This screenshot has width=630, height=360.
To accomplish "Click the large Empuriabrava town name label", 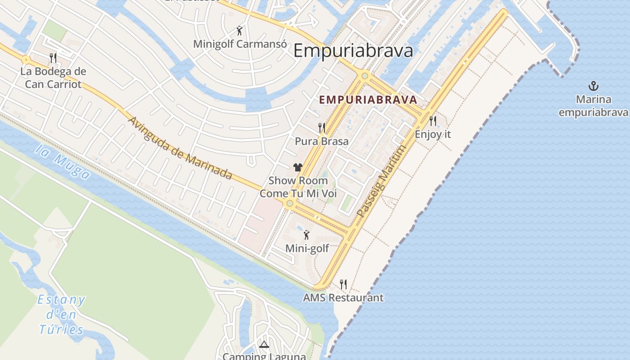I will [x=353, y=50].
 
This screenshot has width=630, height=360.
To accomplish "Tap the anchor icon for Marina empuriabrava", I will [x=594, y=85].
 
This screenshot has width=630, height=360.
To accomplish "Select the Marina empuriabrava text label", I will [x=593, y=106].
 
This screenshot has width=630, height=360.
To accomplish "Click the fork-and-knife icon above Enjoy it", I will [x=433, y=121].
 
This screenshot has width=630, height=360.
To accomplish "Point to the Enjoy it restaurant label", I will [x=432, y=134].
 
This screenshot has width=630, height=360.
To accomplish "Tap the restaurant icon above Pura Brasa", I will [x=322, y=128].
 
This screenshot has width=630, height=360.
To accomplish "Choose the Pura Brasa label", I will [x=322, y=141].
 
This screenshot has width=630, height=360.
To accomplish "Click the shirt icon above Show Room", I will [x=297, y=167].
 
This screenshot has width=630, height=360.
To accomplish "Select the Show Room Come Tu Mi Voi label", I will [x=298, y=187].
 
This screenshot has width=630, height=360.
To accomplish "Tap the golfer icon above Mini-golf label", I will [x=307, y=235].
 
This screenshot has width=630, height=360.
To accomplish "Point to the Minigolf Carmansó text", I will [x=240, y=44].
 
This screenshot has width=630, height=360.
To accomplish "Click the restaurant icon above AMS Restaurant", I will [x=343, y=284].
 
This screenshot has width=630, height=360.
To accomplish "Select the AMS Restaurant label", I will [x=343, y=297].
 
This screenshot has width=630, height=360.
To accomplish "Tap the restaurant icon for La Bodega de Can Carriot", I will [x=53, y=58].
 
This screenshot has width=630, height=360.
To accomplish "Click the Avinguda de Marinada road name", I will [x=180, y=148].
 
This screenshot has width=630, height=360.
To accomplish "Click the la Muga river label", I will [x=63, y=162].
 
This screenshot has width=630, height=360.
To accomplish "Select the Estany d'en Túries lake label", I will [x=62, y=315].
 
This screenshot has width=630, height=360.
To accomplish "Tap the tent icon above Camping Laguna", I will [x=264, y=345].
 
